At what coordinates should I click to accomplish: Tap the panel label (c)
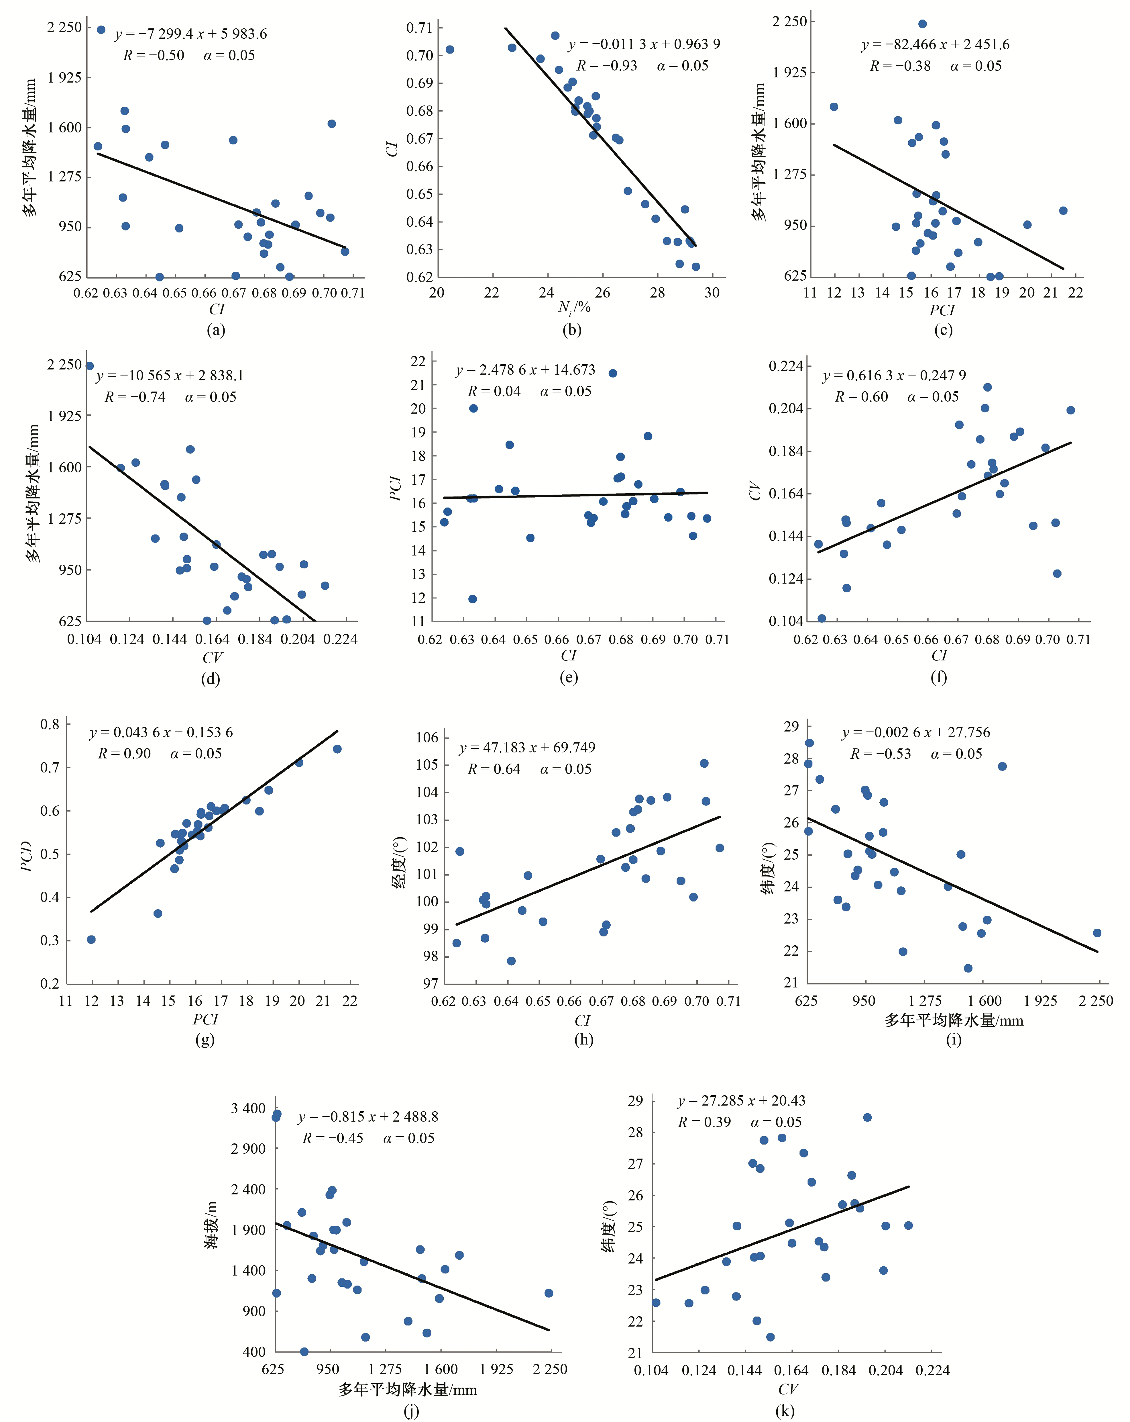click(943, 330)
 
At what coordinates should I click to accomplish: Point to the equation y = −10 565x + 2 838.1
click(170, 375)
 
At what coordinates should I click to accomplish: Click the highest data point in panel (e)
click(612, 373)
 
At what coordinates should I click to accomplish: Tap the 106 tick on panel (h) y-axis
click(427, 738)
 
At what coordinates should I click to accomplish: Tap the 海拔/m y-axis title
click(211, 1225)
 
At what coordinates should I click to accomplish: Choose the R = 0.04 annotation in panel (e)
click(494, 391)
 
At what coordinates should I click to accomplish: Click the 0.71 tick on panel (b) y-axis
click(419, 28)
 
